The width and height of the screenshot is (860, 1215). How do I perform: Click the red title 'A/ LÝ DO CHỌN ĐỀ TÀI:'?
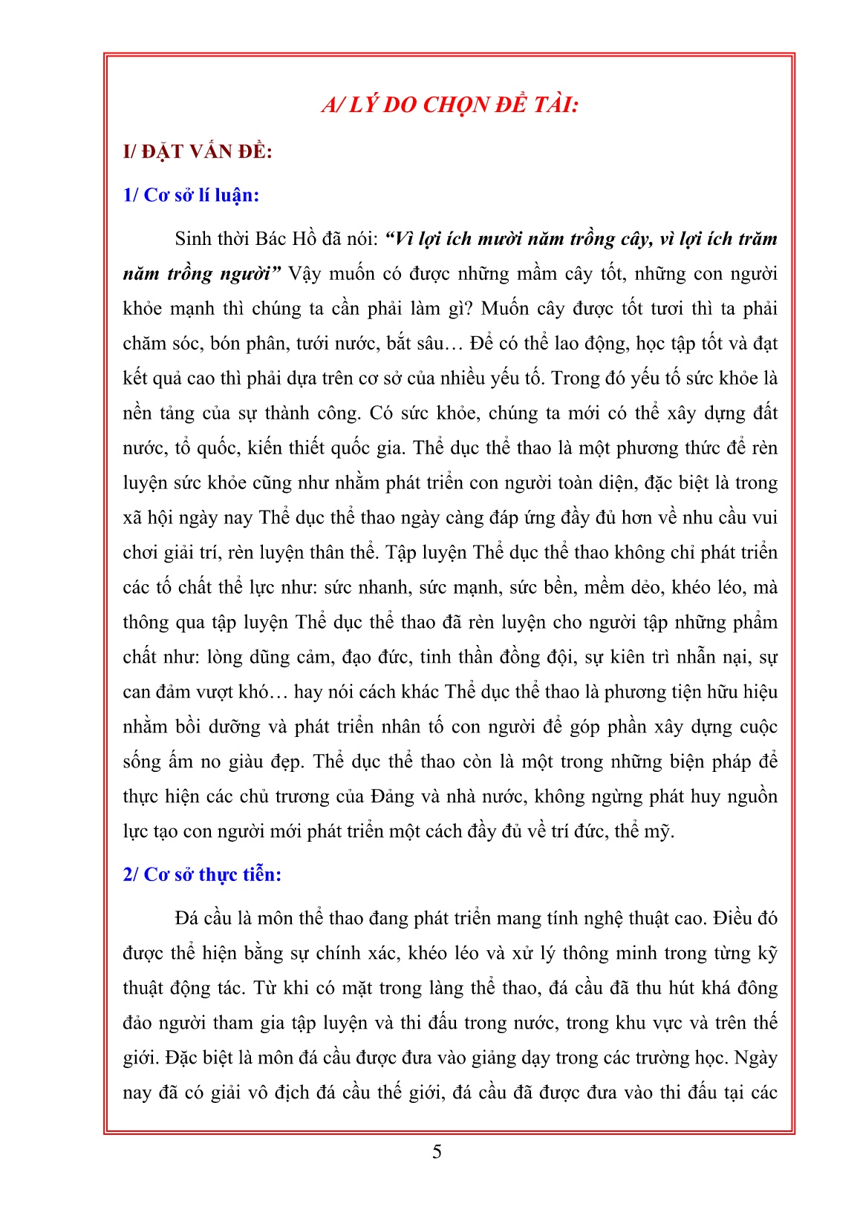coord(449,105)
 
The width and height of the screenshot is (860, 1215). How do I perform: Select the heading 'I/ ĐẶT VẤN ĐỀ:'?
coord(198,151)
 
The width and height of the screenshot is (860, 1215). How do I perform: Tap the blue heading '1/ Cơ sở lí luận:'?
coord(191,195)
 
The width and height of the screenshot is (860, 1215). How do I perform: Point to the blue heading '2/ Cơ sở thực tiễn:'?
coord(202,874)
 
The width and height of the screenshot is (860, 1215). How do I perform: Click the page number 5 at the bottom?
coord(437,1151)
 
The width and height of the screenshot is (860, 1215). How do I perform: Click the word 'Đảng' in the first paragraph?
coord(390,797)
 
